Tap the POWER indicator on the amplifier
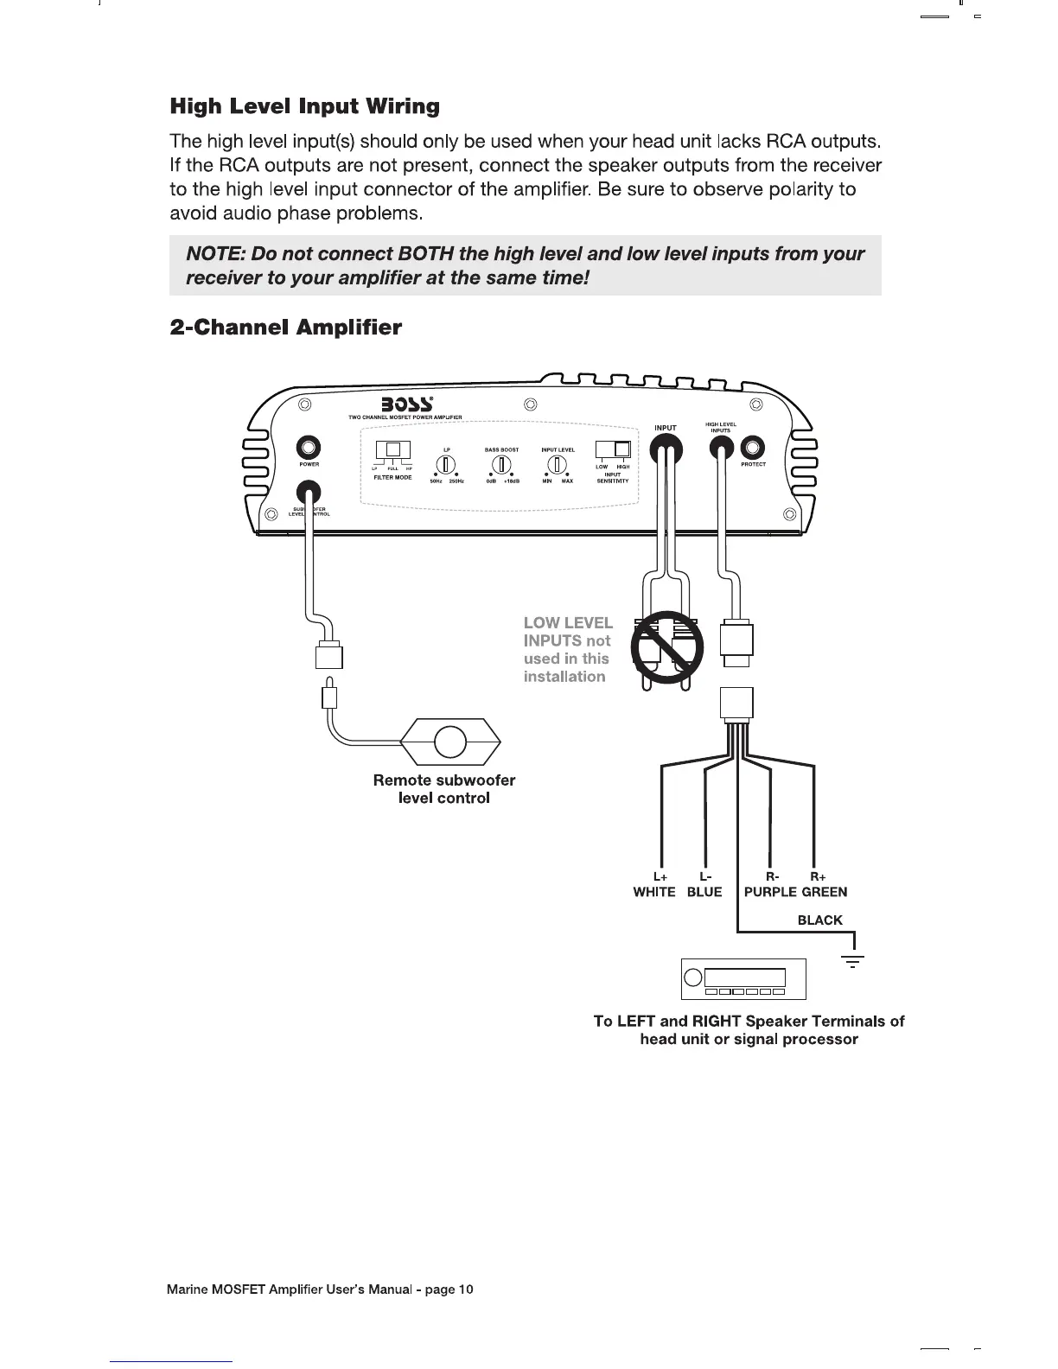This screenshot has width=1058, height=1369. [x=309, y=447]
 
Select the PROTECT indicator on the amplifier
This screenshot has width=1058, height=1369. [x=753, y=447]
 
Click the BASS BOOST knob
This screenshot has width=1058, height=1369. [x=501, y=465]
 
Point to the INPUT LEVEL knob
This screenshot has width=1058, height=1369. [x=558, y=465]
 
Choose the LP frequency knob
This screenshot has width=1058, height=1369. [x=446, y=465]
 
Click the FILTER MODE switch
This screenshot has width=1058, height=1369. [x=393, y=450]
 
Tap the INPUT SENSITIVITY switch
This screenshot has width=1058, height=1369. [x=614, y=449]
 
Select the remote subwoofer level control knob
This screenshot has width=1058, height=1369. [x=449, y=742]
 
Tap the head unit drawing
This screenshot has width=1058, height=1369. [x=743, y=978]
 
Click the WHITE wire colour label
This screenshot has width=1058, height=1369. [x=654, y=892]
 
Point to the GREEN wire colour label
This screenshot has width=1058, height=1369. [x=824, y=892]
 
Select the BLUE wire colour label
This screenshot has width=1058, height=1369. [x=704, y=892]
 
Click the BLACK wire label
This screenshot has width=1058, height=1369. [x=819, y=920]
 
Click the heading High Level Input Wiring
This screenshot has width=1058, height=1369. [x=304, y=107]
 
